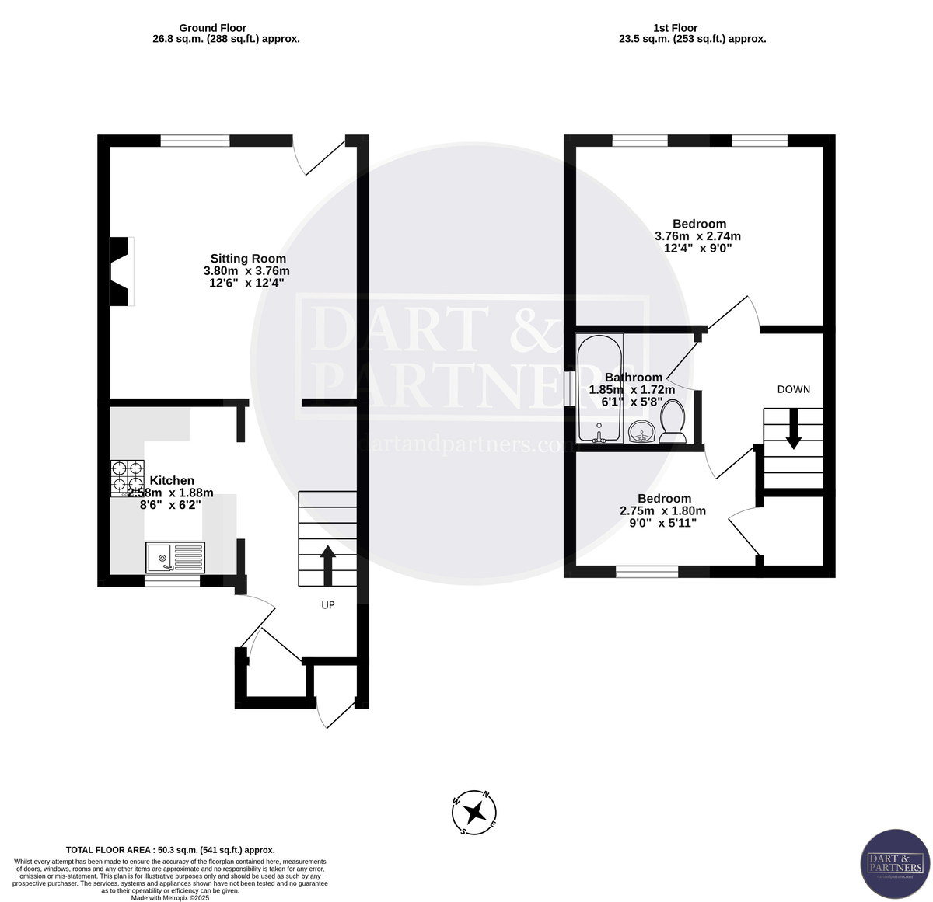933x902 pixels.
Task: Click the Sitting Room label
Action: (248, 259)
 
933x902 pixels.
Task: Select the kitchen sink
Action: (175, 557)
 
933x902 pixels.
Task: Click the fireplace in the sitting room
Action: (121, 272)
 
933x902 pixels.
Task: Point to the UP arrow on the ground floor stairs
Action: (327, 565)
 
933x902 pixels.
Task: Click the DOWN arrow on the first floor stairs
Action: (793, 430)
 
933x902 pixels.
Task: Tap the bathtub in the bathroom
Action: (599, 388)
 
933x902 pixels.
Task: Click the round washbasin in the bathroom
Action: (641, 431)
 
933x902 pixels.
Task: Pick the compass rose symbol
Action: (474, 813)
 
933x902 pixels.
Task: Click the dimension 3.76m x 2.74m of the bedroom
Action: (697, 236)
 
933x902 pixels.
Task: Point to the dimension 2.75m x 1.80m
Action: (662, 511)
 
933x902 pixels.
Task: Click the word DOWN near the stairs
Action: (793, 389)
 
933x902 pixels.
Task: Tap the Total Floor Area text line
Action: (170, 850)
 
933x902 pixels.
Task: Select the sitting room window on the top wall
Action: (195, 141)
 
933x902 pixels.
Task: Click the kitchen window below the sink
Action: (173, 580)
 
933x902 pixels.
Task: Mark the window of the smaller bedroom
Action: (647, 572)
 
